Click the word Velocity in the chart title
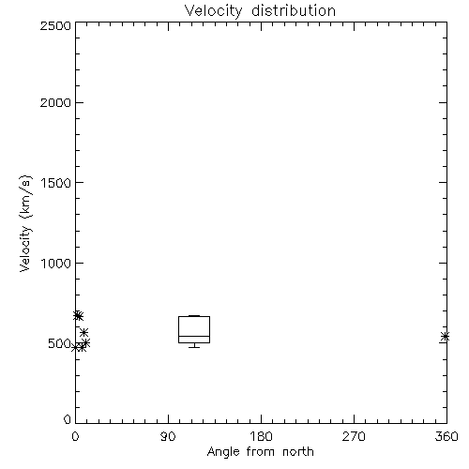click(x=213, y=11)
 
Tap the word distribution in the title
click(x=294, y=10)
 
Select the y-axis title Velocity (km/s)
click(x=25, y=223)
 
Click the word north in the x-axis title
click(x=298, y=451)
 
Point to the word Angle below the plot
click(x=223, y=452)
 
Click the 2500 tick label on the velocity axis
click(x=55, y=25)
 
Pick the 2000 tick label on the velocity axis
click(x=55, y=102)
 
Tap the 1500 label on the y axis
click(x=56, y=183)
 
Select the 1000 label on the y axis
click(x=56, y=263)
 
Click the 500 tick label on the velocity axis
click(x=59, y=343)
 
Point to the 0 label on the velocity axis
click(x=68, y=419)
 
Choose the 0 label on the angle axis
click(x=75, y=436)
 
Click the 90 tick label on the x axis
click(x=168, y=436)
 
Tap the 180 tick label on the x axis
click(x=261, y=436)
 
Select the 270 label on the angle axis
click(x=354, y=436)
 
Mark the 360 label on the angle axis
click(x=446, y=436)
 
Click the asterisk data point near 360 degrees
click(x=445, y=337)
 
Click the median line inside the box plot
click(x=194, y=336)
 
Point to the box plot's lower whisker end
click(x=194, y=347)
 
